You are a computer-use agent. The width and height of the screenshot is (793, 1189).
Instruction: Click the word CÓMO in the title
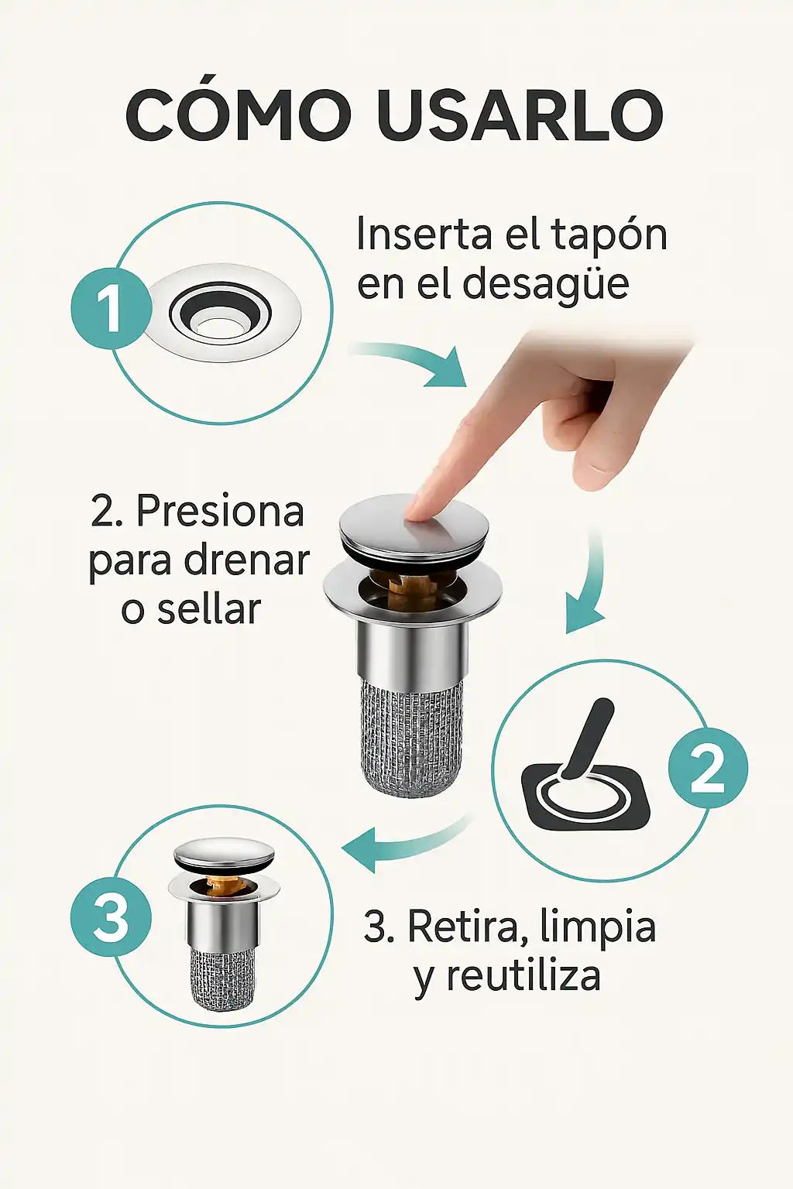[239, 115]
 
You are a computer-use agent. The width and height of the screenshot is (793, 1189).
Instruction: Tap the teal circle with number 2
[708, 768]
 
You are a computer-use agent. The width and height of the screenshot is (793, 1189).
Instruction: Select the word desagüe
[546, 285]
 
